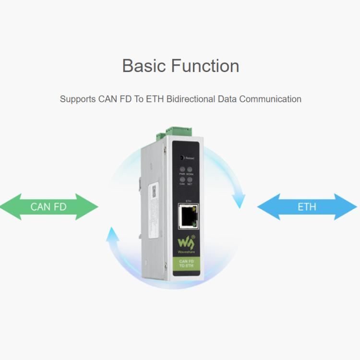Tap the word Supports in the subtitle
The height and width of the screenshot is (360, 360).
[78, 99]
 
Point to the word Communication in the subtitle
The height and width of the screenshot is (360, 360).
[270, 99]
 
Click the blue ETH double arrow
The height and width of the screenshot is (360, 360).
[307, 207]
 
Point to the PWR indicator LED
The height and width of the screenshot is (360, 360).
[182, 169]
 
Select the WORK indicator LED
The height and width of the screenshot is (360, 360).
[190, 169]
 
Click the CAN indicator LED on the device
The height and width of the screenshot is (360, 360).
[182, 180]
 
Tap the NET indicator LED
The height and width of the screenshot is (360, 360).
[190, 180]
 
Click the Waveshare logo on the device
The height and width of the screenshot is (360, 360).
[184, 242]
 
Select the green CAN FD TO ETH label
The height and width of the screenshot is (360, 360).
[186, 263]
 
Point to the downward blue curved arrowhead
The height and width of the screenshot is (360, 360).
[239, 200]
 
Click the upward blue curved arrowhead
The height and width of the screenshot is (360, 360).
[112, 234]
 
